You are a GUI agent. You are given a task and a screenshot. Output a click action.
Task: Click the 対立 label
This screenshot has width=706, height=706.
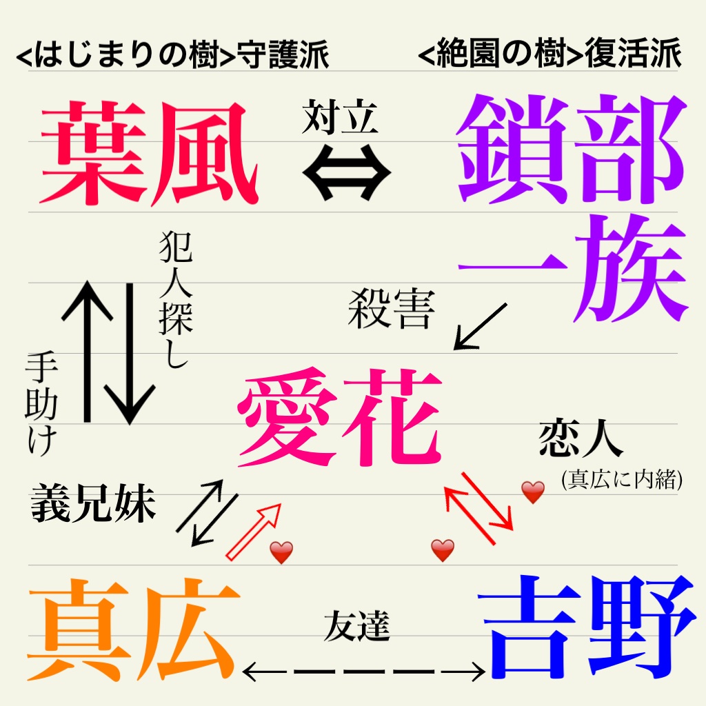(x=340, y=117)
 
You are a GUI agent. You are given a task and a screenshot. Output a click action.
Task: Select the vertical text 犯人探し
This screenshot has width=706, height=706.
(x=174, y=300)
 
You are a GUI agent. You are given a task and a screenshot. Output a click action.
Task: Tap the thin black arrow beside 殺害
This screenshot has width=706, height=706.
(x=481, y=326)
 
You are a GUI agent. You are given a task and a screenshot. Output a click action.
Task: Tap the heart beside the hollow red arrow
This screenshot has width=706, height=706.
(x=281, y=552)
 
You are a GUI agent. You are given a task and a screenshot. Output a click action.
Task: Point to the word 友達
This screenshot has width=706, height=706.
(x=357, y=627)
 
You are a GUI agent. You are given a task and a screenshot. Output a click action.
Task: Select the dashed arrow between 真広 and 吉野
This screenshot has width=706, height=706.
(x=365, y=669)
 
